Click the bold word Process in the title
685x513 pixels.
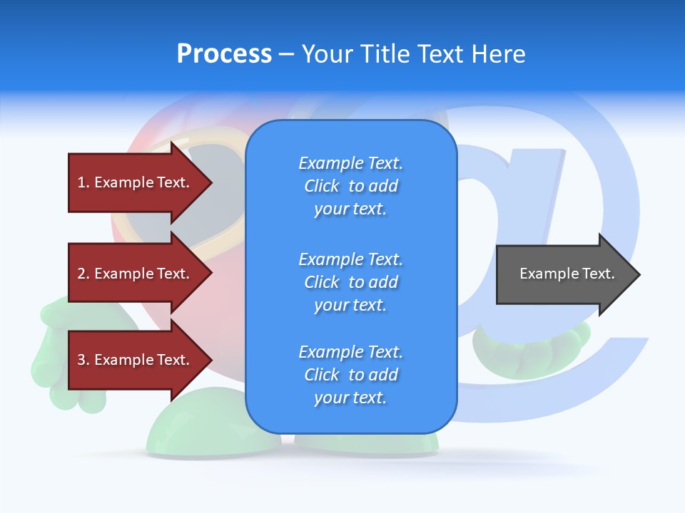click(x=224, y=54)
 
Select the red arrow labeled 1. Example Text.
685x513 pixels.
click(x=136, y=182)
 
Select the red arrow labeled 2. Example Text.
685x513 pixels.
click(x=136, y=274)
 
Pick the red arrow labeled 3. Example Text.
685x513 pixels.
click(x=136, y=360)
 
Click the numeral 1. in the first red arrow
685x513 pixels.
click(x=83, y=182)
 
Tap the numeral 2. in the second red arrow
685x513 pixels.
click(x=83, y=274)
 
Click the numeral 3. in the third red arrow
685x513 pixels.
click(x=83, y=360)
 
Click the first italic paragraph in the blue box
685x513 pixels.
click(x=350, y=186)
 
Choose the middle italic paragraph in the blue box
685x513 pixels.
click(x=350, y=282)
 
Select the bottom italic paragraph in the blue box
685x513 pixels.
click(x=350, y=375)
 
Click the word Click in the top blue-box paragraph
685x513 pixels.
click(x=322, y=186)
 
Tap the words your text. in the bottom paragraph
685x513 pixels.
click(x=350, y=398)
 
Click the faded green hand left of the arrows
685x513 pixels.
click(x=50, y=356)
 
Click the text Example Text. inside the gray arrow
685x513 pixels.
click(x=567, y=274)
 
